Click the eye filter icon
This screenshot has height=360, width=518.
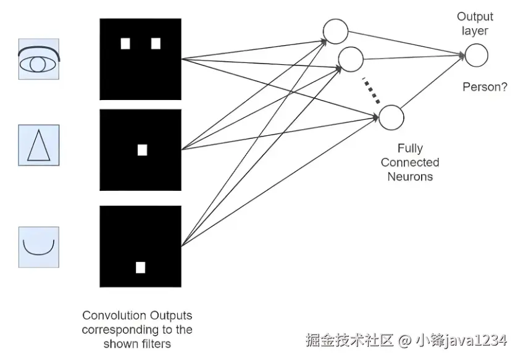pos(39,60)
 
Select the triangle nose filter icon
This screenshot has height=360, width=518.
pos(39,144)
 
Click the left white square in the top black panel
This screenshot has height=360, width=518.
pos(125,43)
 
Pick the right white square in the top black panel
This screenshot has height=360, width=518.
pos(156,43)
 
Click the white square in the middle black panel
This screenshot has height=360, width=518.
pos(142,149)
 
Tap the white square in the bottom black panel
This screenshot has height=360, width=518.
pos(140,267)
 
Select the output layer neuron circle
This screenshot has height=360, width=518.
pos(476,56)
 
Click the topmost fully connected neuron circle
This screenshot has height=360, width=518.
pos(335,31)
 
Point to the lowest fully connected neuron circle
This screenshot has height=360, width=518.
pos(390,117)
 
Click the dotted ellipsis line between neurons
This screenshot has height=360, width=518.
pos(370,90)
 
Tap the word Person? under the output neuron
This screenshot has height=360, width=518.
pos(485,87)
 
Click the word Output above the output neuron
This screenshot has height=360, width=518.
pos(475,17)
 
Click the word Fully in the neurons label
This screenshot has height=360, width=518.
pos(409,149)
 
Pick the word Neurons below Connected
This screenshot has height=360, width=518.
pos(409,176)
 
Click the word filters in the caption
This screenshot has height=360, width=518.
pos(154,343)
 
